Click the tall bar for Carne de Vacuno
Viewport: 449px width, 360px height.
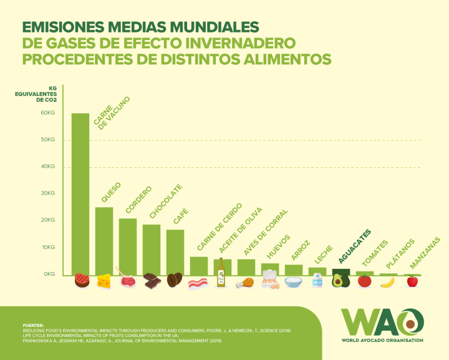coord(80,193)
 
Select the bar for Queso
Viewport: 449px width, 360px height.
coord(104,240)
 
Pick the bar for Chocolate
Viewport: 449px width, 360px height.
coord(152,249)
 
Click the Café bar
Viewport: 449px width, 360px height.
coord(175,251)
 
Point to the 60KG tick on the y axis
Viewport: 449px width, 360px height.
coord(48,113)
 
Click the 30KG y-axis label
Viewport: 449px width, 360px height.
coord(48,193)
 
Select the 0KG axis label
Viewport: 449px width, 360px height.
coord(49,274)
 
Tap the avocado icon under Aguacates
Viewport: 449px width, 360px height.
coord(340,280)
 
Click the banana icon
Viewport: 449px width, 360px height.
coord(388,281)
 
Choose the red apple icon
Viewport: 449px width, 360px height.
coord(412,281)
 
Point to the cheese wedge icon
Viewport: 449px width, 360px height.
coord(104,281)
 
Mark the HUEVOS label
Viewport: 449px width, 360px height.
coord(278,246)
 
